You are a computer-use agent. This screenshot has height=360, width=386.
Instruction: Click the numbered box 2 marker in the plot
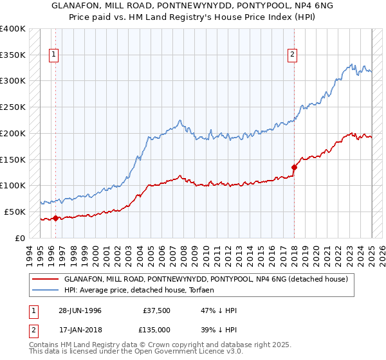[x=292, y=55]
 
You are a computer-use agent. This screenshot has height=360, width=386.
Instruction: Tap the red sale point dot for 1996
[x=55, y=218]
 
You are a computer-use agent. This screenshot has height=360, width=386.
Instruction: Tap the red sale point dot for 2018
[x=294, y=166]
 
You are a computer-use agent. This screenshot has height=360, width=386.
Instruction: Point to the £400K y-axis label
[x=13, y=29]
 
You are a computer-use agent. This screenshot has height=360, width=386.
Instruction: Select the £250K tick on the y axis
[x=13, y=107]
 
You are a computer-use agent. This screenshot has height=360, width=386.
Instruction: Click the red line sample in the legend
[x=45, y=280]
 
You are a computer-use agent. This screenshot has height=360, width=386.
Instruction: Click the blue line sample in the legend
[x=45, y=291]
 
